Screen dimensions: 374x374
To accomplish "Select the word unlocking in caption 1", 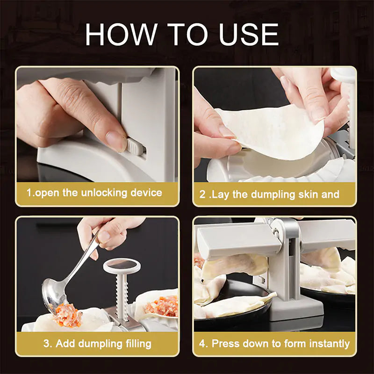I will (x=102, y=193).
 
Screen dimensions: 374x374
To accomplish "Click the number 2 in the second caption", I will (x=202, y=194).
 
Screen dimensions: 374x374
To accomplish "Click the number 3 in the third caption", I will (x=47, y=344).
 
